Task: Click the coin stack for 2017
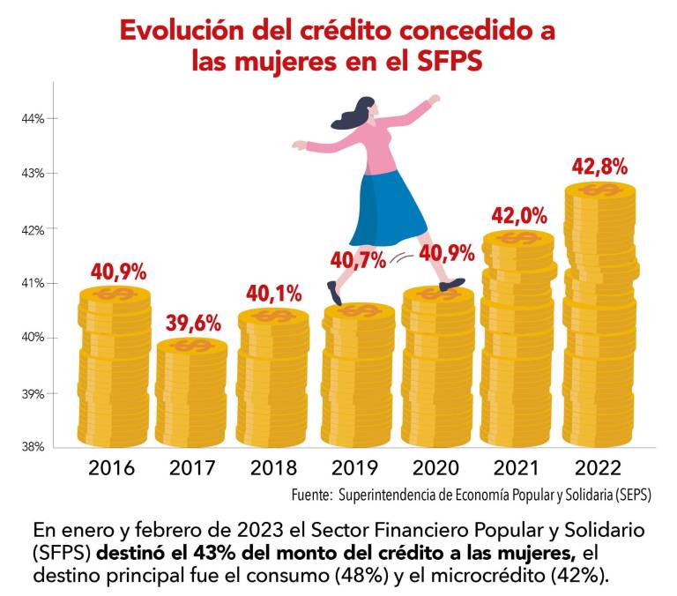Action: click(x=192, y=393)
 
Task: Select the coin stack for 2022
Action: click(x=600, y=317)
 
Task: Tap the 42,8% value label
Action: click(x=599, y=165)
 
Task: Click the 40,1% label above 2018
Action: click(x=273, y=293)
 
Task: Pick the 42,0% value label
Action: click(x=519, y=215)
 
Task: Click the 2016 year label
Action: click(x=112, y=467)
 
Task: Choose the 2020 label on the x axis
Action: click(x=436, y=467)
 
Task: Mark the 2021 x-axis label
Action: click(x=517, y=467)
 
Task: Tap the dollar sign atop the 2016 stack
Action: click(x=113, y=294)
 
